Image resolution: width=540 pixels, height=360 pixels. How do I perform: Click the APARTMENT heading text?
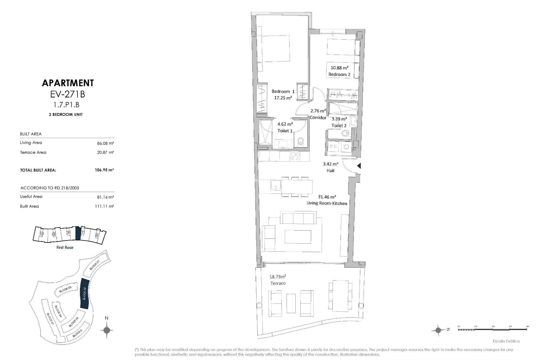pyautogui.click(x=67, y=83)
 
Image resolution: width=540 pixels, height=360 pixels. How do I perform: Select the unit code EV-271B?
pyautogui.click(x=67, y=94)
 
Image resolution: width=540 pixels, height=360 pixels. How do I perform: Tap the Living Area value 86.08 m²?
pyautogui.click(x=105, y=143)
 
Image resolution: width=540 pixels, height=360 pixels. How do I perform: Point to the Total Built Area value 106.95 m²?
pyautogui.click(x=104, y=170)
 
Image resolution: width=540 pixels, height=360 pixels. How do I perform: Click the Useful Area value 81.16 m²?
pyautogui.click(x=105, y=197)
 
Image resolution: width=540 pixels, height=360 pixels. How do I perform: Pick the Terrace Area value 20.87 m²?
pyautogui.click(x=105, y=152)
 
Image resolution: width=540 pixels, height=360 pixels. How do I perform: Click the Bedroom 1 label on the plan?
pyautogui.click(x=283, y=91)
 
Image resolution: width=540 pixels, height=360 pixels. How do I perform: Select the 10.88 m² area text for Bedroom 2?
pyautogui.click(x=339, y=68)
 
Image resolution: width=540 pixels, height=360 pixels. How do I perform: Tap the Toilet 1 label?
pyautogui.click(x=285, y=131)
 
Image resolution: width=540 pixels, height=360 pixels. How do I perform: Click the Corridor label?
pyautogui.click(x=318, y=118)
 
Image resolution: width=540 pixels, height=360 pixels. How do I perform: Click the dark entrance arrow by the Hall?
pyautogui.click(x=359, y=166)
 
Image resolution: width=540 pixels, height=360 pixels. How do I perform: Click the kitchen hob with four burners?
pyautogui.click(x=295, y=156)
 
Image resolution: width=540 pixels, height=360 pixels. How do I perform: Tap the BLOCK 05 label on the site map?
pyautogui.click(x=66, y=290)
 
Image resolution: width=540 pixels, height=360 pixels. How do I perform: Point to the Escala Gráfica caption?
pyautogui.click(x=510, y=341)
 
